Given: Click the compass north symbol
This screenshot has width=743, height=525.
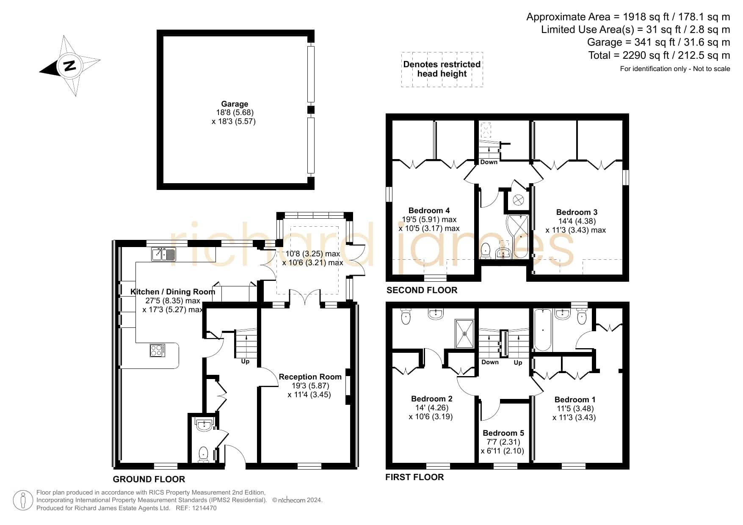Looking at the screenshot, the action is pos(70,66).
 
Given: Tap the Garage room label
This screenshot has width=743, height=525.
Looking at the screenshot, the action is pos(235,104).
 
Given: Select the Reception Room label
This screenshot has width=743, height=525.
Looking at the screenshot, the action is pos(310,377).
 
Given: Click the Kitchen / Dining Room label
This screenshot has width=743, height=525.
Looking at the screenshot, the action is pos(173,291).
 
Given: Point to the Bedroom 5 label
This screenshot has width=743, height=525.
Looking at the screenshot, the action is pos(503,433).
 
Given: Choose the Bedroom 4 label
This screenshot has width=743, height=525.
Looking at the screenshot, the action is pos(429,210).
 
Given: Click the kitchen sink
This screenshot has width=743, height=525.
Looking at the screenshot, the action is pos(163,254).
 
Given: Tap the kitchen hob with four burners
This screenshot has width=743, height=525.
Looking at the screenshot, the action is pos(157,350).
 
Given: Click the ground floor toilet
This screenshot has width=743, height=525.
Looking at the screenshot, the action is pos(204,454).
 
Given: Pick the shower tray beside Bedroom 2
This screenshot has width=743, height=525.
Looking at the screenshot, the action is pos(464,334).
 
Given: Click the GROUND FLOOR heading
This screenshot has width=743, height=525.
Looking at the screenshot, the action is pos(149,479).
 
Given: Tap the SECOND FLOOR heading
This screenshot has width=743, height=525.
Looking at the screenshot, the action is pos(422,290).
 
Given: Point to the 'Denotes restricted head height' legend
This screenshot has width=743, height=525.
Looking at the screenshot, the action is pos(442,69).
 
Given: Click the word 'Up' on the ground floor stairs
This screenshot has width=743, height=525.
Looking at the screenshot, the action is pos(245,361).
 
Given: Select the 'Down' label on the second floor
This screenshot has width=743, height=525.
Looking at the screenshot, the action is pos(489,162).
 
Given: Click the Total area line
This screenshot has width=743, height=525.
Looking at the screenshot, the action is pos(659,55).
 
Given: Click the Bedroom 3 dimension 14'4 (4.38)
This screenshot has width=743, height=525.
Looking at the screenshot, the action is pos(577,221).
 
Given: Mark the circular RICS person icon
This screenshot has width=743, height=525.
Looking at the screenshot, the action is pos(23,501).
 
